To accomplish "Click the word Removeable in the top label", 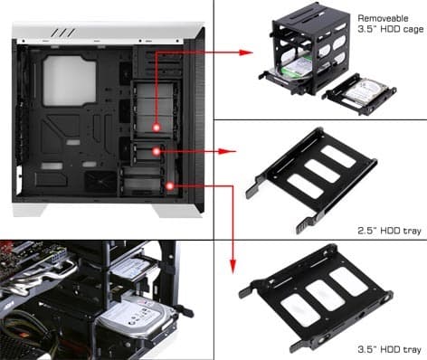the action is [x=383, y=18].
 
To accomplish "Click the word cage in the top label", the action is [x=412, y=30].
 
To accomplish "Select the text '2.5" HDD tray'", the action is [x=389, y=231].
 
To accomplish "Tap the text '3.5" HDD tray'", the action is [x=389, y=349].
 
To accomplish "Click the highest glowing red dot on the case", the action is [x=157, y=128].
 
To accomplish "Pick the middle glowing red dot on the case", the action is [x=157, y=151].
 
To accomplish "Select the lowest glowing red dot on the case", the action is [x=170, y=186].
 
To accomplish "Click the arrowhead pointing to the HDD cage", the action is [x=246, y=52].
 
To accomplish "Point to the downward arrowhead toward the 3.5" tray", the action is [x=232, y=267].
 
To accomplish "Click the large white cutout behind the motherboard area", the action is [x=70, y=81].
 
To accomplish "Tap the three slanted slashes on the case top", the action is [x=63, y=33].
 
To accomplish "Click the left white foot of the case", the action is [x=30, y=210].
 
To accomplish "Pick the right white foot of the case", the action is [x=178, y=211].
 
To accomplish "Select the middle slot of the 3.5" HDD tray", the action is [x=325, y=295].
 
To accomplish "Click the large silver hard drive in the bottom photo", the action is [x=138, y=317].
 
